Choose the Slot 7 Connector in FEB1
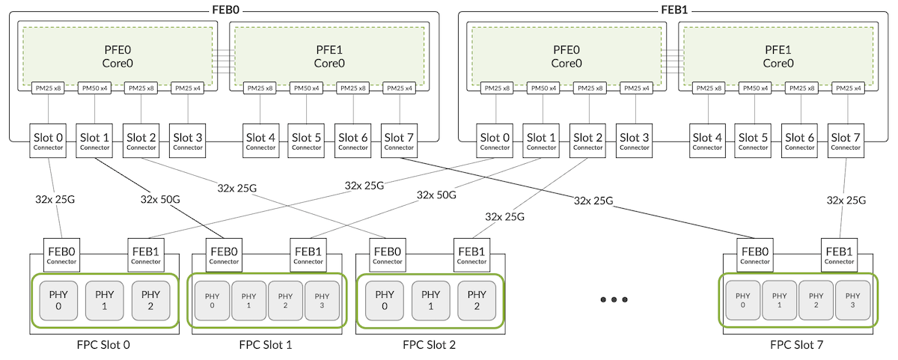(x=846, y=141)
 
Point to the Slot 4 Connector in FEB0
(x=260, y=141)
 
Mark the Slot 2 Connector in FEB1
(x=589, y=141)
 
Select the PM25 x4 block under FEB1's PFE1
(x=849, y=88)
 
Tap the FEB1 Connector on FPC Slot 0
(x=145, y=255)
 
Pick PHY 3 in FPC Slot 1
(x=322, y=299)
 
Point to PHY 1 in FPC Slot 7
(x=780, y=299)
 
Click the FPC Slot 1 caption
(x=266, y=345)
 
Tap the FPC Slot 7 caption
(x=797, y=345)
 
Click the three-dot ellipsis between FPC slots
(x=613, y=299)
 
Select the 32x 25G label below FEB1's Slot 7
(x=846, y=200)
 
